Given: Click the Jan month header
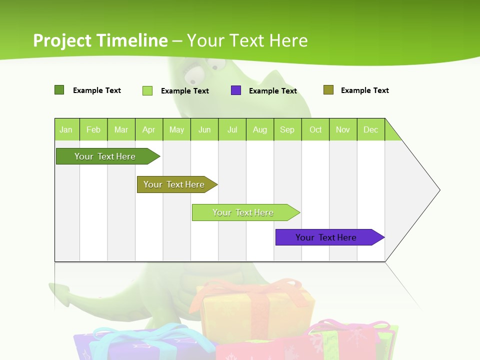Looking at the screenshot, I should [x=66, y=129].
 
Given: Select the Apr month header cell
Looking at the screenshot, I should [x=149, y=129].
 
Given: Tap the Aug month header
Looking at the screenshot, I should [x=259, y=129].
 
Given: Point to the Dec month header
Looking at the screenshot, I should [x=370, y=129].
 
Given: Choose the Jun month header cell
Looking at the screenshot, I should [x=204, y=129].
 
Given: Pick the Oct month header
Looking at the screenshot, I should [x=315, y=129].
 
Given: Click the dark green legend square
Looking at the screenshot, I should [x=59, y=90].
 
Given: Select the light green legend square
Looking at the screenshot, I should [x=147, y=90].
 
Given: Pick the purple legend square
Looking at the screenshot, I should [x=236, y=90].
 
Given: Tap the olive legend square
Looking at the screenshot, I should [x=328, y=90].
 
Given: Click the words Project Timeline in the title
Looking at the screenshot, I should [x=100, y=40].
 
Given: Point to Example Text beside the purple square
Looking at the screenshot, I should [x=273, y=91].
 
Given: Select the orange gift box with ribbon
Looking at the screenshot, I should [x=255, y=307].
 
